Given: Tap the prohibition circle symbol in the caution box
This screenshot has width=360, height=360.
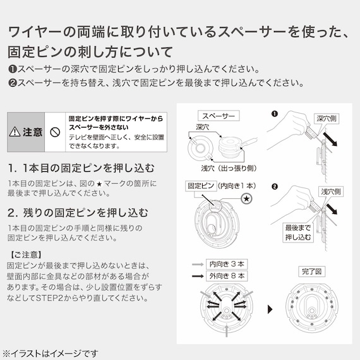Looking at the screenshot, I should tap(55, 132).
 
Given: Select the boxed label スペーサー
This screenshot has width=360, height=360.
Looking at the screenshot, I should tap(217, 116).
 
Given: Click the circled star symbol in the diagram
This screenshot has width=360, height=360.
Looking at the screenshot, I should tap(246, 199).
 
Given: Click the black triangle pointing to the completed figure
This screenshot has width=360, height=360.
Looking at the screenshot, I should tap(270, 309).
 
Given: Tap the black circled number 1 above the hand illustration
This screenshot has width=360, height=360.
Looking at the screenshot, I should tap(273, 114).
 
